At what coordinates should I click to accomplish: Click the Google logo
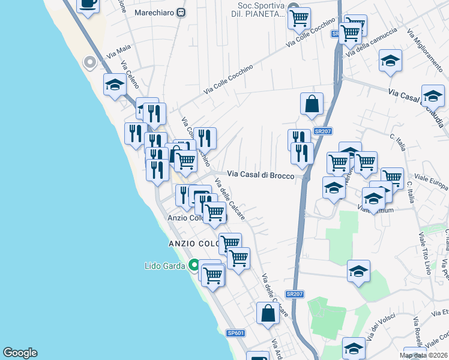coord(20,353)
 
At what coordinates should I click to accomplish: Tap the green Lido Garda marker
coord(194,265)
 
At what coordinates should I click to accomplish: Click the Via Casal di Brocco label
coord(261,175)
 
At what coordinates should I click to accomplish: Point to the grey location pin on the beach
coord(90,62)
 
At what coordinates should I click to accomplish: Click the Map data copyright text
coord(423,355)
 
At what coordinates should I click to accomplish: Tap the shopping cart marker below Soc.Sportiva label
coord(298,19)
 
